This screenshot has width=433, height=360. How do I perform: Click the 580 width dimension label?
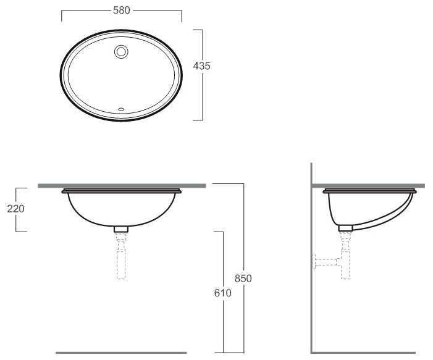pos(122,10)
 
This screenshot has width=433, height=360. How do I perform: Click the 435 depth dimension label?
pos(201,66)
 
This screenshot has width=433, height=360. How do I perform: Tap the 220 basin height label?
pos(15,209)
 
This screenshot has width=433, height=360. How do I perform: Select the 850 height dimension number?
pos(243,278)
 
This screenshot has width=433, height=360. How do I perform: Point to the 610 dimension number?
pos(222,293)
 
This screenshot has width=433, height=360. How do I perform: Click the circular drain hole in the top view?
pos(121,52)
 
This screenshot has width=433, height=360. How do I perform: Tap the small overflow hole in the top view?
pos(121,109)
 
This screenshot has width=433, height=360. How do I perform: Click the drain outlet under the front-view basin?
pos(121,229)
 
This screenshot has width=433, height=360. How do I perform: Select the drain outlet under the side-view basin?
pos(345,228)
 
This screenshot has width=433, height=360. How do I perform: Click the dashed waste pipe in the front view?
pos(121,256)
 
